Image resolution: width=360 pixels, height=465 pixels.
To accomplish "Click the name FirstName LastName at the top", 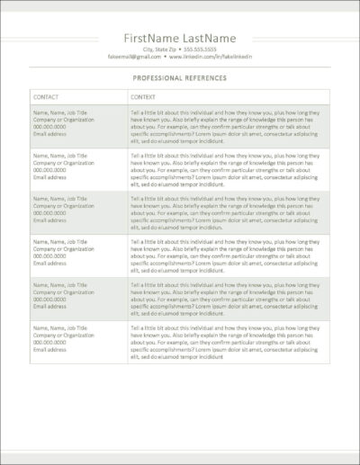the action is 179,38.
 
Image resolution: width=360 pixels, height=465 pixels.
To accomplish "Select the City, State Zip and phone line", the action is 180,49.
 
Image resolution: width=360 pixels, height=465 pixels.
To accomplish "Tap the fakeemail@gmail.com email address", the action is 139,56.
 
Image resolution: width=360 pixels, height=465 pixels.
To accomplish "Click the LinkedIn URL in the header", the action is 210,56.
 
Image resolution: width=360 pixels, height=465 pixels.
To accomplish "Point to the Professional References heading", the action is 180,78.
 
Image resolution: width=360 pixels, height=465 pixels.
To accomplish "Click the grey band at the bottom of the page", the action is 180,458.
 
